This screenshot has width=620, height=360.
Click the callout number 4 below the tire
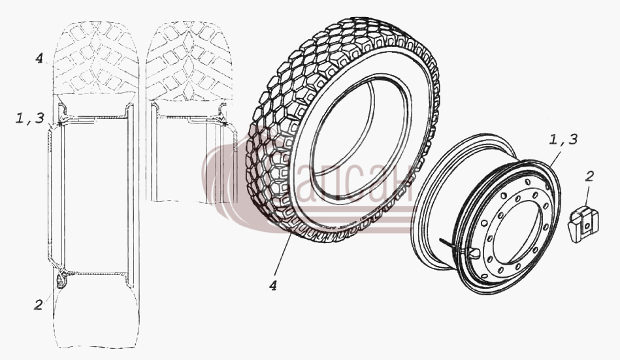click(x=273, y=286)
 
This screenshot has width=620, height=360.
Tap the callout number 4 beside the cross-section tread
click(x=39, y=59)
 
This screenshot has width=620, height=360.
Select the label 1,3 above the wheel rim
click(x=563, y=139)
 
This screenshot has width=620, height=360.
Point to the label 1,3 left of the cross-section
click(x=29, y=118)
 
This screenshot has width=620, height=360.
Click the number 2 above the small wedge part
click(x=589, y=176)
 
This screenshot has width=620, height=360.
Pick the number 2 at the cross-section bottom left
click(x=38, y=304)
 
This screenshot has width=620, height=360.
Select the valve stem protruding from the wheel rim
click(x=450, y=244)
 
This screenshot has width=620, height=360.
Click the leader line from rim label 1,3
click(x=553, y=158)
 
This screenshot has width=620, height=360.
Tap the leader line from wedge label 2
click(x=586, y=195)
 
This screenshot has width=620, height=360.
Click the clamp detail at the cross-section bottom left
click(x=61, y=279)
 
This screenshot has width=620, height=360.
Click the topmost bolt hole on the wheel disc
click(x=527, y=181)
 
